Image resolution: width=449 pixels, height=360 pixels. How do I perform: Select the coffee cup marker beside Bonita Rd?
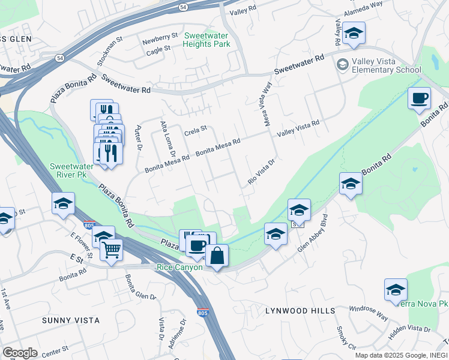pos(419,97)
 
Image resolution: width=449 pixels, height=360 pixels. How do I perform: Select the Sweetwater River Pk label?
pos(74,170)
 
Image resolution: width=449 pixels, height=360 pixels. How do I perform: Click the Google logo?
pos(20,352)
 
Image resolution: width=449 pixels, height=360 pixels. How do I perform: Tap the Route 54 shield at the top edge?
pos(183,7)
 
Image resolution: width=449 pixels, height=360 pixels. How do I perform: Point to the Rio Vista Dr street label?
pos(262,172)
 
